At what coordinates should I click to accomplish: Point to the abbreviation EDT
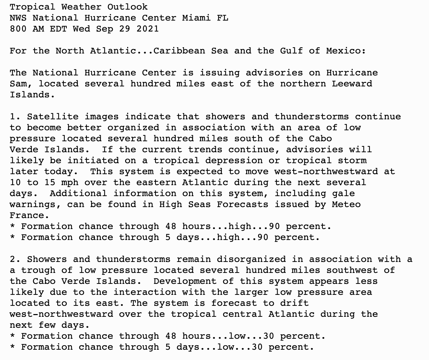(58, 29)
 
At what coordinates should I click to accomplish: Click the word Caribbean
(179, 51)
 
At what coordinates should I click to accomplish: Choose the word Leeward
(352, 84)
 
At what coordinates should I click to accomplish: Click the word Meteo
(346, 204)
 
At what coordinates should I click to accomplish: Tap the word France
(27, 215)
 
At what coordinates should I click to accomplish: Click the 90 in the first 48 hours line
(274, 226)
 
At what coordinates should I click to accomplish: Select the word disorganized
(251, 259)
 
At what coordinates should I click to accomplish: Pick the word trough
(38, 270)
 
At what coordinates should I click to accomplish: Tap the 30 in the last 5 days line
(257, 347)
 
